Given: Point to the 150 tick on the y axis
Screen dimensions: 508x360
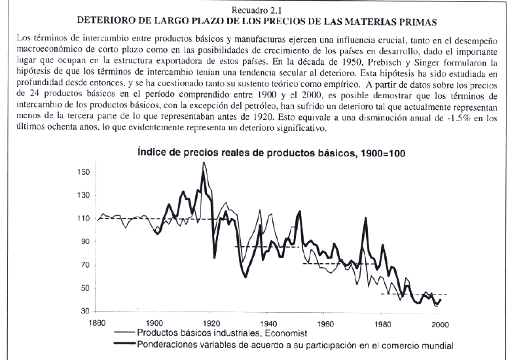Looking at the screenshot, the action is click(x=83, y=172).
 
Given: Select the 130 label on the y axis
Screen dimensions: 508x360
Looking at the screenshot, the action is click(x=83, y=196).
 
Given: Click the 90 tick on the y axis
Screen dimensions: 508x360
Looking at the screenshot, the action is click(x=85, y=242).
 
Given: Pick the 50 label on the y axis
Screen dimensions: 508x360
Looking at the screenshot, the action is click(x=85, y=288).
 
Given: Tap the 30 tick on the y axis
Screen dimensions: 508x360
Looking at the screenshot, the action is click(x=85, y=311).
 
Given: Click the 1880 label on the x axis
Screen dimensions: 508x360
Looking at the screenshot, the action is click(x=97, y=323).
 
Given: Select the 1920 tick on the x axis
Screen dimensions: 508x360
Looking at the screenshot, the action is click(x=211, y=323).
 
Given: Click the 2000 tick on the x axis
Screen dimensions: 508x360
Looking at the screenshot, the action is click(x=440, y=325).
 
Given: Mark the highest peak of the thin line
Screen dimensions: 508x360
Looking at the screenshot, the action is click(x=204, y=162).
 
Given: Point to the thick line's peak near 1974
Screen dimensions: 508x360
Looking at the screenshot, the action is click(x=365, y=219).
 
